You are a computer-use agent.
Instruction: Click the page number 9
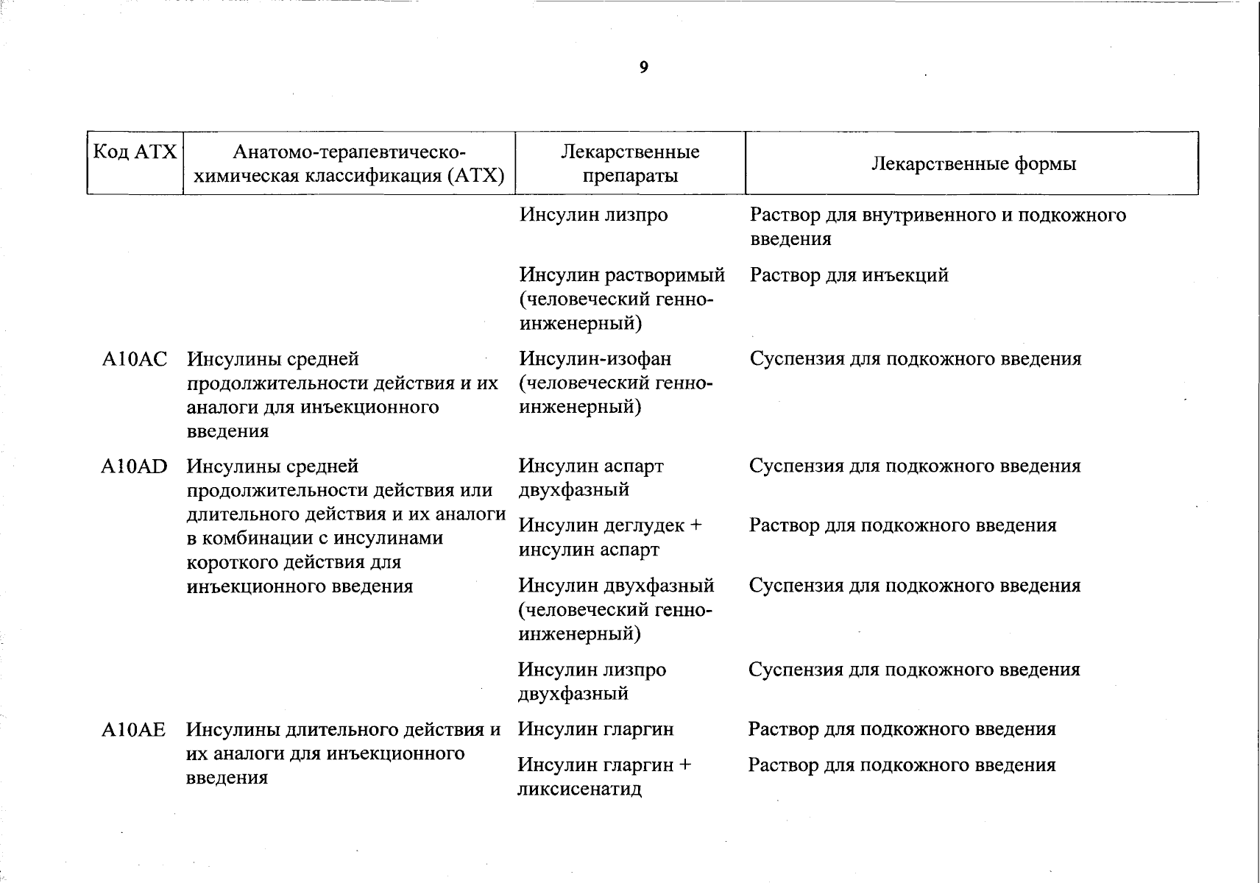644,68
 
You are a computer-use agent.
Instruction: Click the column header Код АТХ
135,152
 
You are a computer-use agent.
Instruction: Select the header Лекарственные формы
973,163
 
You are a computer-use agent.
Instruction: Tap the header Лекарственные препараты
630,163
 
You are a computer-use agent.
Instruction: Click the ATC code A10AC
135,360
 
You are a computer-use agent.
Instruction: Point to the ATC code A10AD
135,467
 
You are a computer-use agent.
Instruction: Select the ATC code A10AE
134,730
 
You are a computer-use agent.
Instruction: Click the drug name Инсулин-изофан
595,359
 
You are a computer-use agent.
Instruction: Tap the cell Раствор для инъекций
849,276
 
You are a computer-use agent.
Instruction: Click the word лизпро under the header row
636,216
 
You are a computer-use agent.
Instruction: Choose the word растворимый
665,276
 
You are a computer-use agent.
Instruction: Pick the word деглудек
644,526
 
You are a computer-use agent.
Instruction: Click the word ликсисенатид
580,790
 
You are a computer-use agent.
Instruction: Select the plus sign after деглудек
696,526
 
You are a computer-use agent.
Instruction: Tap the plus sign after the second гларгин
684,765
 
